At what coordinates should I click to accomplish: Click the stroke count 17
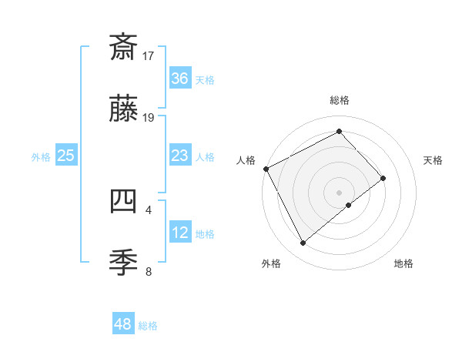[x=149, y=55]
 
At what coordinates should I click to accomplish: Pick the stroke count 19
[x=149, y=118]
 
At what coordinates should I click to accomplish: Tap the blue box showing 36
[x=179, y=79]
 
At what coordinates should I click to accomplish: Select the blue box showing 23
[x=179, y=156]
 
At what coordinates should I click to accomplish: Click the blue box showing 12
[x=179, y=233]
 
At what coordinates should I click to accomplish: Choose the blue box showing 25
[x=65, y=156]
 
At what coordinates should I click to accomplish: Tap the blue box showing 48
[x=123, y=324]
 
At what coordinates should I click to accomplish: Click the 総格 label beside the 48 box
[x=148, y=326]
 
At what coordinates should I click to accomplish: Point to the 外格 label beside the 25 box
[x=41, y=156]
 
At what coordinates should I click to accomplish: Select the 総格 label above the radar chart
[x=339, y=100]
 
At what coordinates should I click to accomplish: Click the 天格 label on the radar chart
[x=433, y=160]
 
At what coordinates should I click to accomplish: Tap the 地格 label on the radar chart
[x=403, y=263]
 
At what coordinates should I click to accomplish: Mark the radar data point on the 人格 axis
[x=266, y=169]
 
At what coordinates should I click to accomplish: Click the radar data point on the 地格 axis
[x=349, y=205]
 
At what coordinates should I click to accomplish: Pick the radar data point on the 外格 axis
[x=303, y=243]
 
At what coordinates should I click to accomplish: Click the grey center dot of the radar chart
[x=339, y=192]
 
